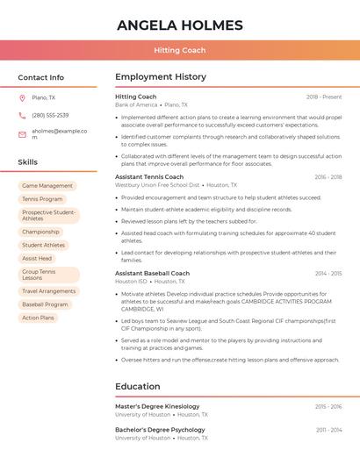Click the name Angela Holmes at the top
pos(180,24)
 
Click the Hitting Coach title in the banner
pos(180,51)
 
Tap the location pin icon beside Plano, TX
pos(22,98)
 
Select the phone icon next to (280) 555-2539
pos(22,116)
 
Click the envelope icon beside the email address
pos(22,134)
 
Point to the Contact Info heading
pos(40,77)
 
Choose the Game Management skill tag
pos(47,186)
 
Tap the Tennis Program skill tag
pos(42,199)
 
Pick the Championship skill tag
pos(40,232)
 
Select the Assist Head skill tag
pos(37,259)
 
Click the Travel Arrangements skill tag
pos(49,291)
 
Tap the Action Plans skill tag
pos(39,318)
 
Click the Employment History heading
pos(161,77)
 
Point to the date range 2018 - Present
pos(324,97)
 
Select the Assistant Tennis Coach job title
pos(149,177)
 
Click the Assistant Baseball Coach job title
pos(152,274)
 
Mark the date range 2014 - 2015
pos(328,274)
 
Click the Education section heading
pos(138,386)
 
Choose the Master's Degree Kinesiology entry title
pos(157,407)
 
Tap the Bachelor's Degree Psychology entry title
pos(160,430)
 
